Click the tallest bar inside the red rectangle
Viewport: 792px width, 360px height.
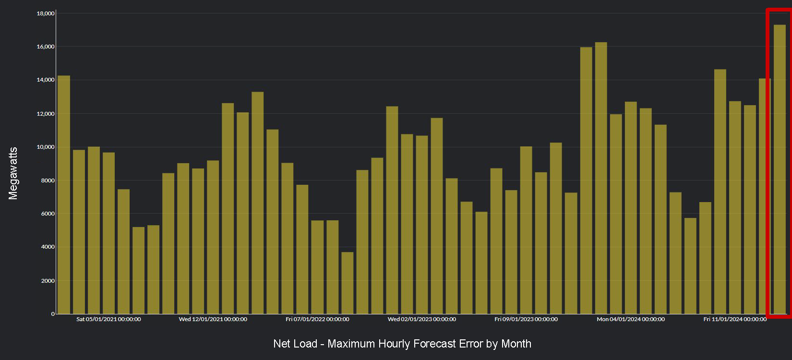tap(780, 168)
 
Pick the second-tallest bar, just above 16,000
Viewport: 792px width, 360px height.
tap(601, 178)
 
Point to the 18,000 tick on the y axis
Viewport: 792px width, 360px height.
tap(46, 13)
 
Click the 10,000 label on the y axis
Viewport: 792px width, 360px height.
tap(46, 147)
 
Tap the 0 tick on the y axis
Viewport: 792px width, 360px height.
tap(53, 314)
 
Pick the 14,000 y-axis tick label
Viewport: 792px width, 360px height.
tap(46, 80)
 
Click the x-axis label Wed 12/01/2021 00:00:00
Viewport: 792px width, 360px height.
tap(213, 319)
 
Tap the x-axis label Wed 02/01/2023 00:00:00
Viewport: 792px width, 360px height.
tap(421, 319)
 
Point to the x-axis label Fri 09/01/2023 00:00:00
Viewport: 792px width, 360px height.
tap(526, 319)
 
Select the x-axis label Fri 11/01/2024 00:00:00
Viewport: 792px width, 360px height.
tap(735, 319)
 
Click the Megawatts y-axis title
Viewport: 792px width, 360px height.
tap(13, 173)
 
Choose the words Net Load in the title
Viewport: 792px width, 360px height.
tap(295, 344)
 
